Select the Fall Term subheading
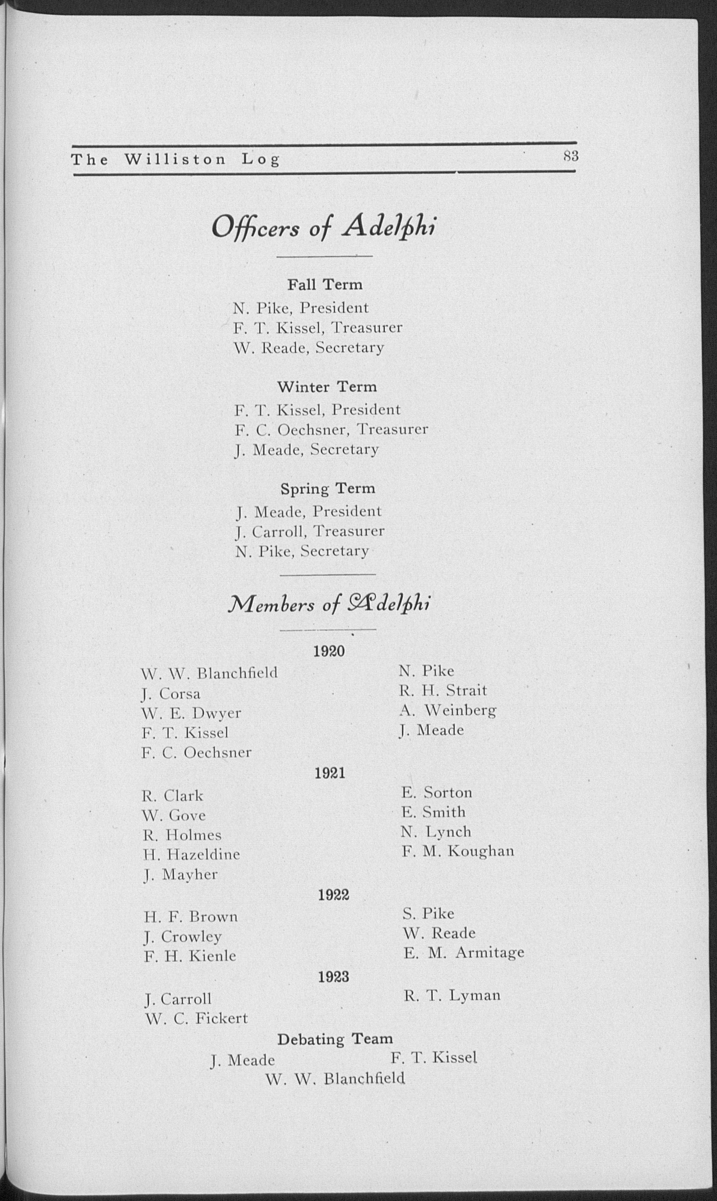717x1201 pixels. [x=325, y=284]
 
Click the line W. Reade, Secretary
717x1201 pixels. [x=309, y=347]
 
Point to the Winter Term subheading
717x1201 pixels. [x=327, y=387]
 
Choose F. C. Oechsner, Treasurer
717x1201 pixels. [x=331, y=429]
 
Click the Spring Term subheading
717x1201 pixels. [x=328, y=488]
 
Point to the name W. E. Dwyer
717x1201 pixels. [x=191, y=713]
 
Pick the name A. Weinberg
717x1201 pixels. [x=448, y=710]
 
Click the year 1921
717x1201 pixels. [x=330, y=773]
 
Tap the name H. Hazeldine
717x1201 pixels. [x=191, y=854]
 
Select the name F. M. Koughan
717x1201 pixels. [x=457, y=851]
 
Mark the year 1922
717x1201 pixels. [x=333, y=895]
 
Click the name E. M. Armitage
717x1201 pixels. [x=463, y=952]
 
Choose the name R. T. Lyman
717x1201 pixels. [x=452, y=995]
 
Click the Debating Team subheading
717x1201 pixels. [x=335, y=1039]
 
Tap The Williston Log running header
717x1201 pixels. [x=175, y=159]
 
